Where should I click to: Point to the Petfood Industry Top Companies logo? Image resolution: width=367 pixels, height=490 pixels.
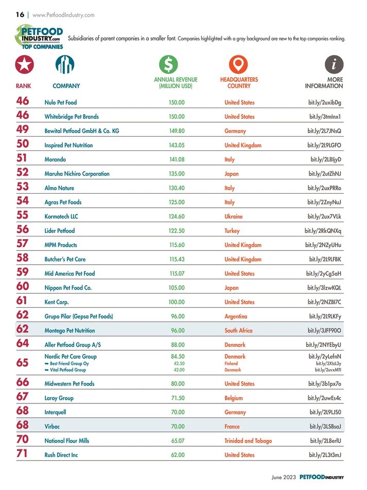pyautogui.click(x=40, y=36)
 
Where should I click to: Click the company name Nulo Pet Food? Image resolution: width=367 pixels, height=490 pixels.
pyautogui.click(x=61, y=103)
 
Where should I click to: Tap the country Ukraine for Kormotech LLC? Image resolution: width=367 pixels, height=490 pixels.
pyautogui.click(x=234, y=216)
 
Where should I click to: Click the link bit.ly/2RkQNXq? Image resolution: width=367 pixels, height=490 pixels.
pyautogui.click(x=323, y=231)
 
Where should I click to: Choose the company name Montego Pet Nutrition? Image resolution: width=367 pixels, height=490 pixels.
pyautogui.click(x=69, y=330)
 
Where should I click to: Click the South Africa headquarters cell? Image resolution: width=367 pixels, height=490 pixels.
pyautogui.click(x=238, y=330)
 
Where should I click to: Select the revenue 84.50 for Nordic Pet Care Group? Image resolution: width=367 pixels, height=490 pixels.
pyautogui.click(x=178, y=356)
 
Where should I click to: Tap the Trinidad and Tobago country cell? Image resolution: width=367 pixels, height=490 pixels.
pyautogui.click(x=248, y=441)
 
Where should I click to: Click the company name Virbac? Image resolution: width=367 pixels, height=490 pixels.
pyautogui.click(x=52, y=426)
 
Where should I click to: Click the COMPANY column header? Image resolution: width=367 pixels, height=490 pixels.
pyautogui.click(x=66, y=86)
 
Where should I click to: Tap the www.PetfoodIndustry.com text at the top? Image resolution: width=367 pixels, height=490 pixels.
pyautogui.click(x=63, y=15)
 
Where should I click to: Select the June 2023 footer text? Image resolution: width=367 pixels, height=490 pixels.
pyautogui.click(x=284, y=477)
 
